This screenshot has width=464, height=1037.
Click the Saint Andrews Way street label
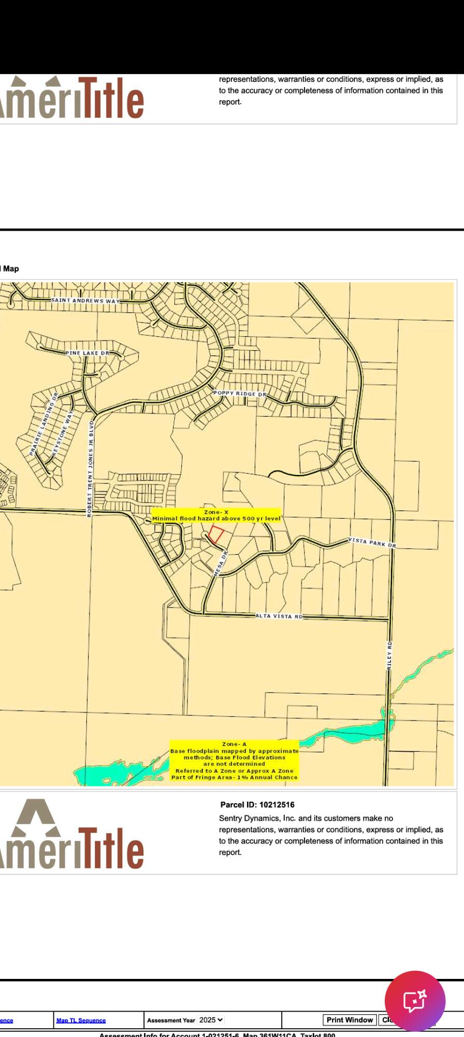(85, 301)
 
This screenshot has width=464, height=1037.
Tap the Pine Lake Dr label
(88, 353)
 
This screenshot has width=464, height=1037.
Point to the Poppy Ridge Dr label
(240, 394)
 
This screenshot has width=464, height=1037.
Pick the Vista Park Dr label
(372, 542)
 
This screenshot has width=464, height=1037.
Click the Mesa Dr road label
(221, 564)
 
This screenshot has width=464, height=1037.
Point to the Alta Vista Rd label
(279, 616)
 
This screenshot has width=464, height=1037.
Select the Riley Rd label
(390, 655)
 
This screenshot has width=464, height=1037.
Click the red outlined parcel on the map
(216, 535)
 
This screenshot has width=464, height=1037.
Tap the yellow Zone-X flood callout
(216, 515)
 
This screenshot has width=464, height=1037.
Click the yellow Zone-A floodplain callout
(234, 761)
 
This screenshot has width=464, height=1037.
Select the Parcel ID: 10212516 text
(257, 805)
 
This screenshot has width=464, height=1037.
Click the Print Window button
(350, 1020)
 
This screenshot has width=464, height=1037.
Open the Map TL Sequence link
(81, 1020)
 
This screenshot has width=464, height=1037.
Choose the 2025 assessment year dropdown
(211, 1020)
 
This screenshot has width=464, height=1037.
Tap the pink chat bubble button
(415, 1001)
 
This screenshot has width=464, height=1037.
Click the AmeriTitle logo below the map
(72, 835)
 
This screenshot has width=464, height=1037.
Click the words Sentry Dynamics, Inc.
(257, 818)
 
